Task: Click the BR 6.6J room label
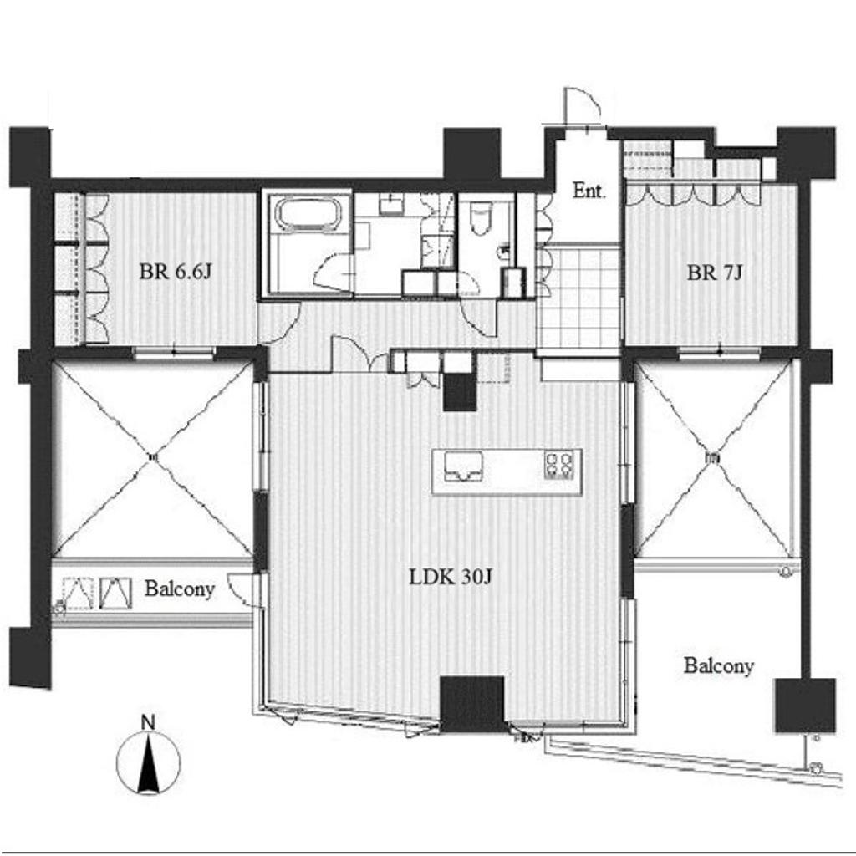[x=175, y=272]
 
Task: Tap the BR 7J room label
[x=715, y=273]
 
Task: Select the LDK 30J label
[x=451, y=577]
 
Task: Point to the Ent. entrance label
[x=589, y=191]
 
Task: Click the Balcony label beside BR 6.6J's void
[x=180, y=589]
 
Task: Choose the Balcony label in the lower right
[x=718, y=666]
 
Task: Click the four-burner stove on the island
[x=559, y=465]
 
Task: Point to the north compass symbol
[x=149, y=762]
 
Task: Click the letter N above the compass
[x=148, y=722]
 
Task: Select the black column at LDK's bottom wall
[x=472, y=704]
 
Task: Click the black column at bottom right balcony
[x=805, y=706]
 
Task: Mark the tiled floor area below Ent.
[x=578, y=301]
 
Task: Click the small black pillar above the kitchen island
[x=460, y=393]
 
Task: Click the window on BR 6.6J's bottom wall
[x=174, y=353]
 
